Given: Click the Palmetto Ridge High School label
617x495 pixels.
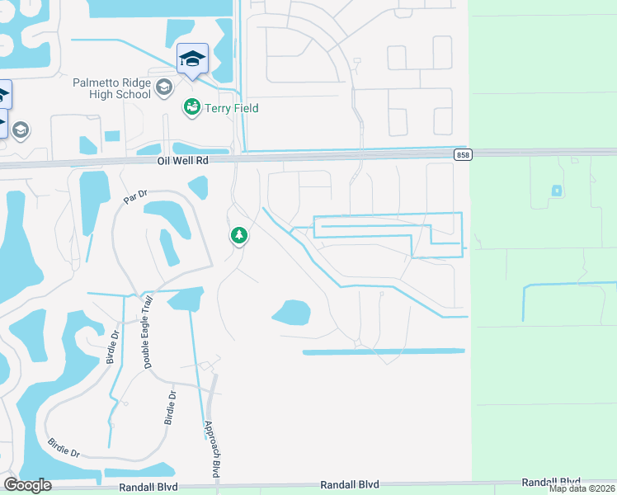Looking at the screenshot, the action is click(111, 88).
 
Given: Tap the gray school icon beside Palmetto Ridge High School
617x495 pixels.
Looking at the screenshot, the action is click(163, 87).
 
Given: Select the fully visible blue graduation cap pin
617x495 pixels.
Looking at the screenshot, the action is click(192, 59).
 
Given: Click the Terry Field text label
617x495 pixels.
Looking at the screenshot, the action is click(231, 108).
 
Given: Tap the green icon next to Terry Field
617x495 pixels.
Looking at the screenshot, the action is click(191, 107).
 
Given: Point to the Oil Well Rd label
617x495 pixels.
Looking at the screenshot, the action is click(183, 162).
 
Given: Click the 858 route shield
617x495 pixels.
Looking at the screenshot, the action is click(463, 154).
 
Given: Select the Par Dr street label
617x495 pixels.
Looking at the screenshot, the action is click(134, 196).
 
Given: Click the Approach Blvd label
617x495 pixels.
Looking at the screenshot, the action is click(210, 450).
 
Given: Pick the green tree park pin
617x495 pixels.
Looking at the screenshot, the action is click(239, 236).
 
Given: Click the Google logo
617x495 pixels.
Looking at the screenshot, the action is click(27, 485).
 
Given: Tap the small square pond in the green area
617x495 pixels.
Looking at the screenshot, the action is click(557, 191).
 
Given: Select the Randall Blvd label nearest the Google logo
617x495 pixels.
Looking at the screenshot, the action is click(148, 487).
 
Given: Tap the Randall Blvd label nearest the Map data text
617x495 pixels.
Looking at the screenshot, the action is click(551, 482).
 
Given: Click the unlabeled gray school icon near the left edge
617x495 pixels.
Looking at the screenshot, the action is click(20, 130).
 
